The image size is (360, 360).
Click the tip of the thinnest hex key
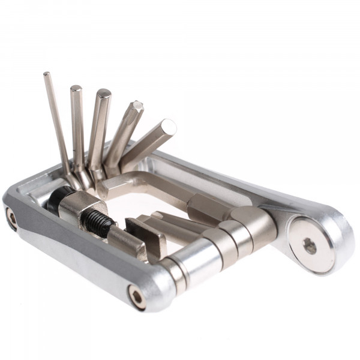pyautogui.click(x=47, y=74)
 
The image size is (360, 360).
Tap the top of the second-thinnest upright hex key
pyautogui.click(x=76, y=89)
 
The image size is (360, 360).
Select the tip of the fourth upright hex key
pyautogui.click(x=137, y=106)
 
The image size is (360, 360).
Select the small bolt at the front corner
pyautogui.click(x=137, y=295)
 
